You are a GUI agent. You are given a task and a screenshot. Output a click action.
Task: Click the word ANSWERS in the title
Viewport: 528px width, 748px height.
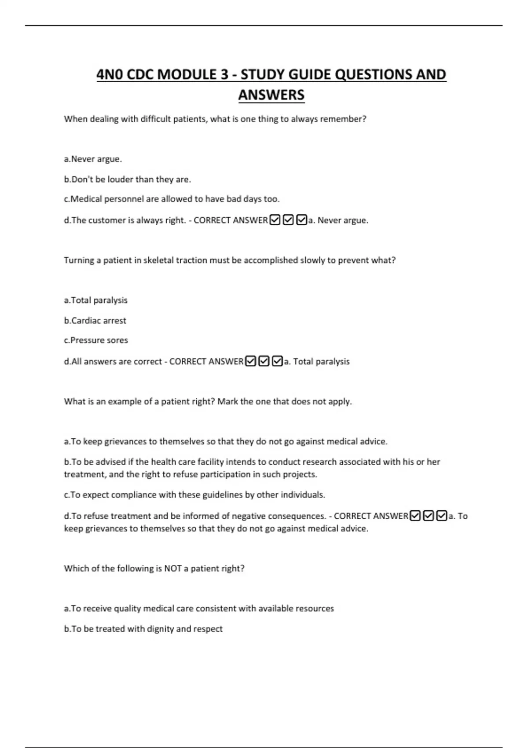coord(271,95)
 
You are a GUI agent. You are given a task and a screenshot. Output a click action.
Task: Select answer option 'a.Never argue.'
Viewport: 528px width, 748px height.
coord(93,159)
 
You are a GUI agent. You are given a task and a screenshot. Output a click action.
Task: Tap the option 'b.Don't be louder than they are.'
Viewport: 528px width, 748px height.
coord(128,180)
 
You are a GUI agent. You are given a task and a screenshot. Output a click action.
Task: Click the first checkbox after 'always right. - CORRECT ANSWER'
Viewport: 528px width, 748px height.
coord(275,220)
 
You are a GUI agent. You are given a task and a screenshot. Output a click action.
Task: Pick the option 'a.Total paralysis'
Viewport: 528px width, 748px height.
coord(95,300)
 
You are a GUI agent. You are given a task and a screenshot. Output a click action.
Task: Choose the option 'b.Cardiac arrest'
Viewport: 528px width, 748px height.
coord(95,321)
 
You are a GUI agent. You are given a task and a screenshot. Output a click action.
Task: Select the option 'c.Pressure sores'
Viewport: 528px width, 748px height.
coord(96,340)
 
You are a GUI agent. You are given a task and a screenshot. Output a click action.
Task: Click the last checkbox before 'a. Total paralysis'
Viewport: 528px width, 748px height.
coord(277,361)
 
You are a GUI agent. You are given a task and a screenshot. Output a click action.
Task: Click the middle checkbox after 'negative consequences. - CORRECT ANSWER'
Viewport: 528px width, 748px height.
coord(428,516)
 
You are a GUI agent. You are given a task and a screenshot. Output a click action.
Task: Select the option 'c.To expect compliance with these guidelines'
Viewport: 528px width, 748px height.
coord(194,495)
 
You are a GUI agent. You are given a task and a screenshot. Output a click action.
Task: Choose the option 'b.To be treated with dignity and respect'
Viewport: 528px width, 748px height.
coord(143,629)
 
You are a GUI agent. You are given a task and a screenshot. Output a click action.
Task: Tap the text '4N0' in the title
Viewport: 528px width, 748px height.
coord(110,75)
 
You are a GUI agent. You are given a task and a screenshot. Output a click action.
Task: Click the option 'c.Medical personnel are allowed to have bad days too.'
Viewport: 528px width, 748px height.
coord(172,199)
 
